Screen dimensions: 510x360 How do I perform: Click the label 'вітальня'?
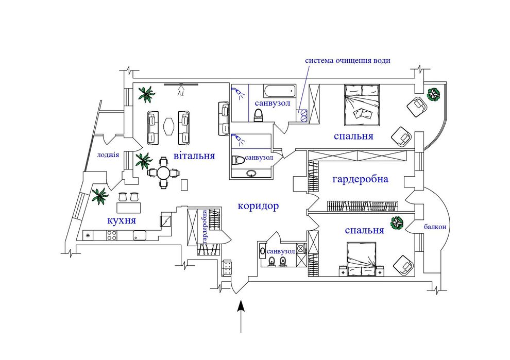coord(194,156)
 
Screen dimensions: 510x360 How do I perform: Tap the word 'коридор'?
coord(258,206)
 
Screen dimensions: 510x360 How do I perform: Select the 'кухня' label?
coord(122,220)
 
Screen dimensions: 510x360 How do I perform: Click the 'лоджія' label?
coord(108,155)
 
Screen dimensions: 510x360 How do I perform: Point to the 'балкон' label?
coord(435,227)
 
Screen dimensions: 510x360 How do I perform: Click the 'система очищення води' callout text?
coord(347,60)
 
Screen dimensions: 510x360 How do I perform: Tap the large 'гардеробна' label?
coord(360,179)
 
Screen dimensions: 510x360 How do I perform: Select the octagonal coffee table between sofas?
coord(169,126)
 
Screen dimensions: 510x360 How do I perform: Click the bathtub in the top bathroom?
coord(280,91)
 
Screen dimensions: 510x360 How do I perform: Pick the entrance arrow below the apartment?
coord(241,316)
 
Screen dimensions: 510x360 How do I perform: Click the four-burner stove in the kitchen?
coord(112,235)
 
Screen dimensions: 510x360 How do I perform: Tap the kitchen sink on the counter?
coord(140,235)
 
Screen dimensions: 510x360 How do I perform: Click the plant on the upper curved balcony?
coord(434,95)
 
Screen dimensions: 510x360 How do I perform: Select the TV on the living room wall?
coord(181,85)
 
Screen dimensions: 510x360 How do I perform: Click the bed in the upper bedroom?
coord(362,105)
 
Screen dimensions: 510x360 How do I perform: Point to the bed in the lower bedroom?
coord(362,259)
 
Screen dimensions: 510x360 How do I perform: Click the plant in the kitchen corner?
coord(99,196)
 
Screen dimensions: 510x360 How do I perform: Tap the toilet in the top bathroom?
coord(258,115)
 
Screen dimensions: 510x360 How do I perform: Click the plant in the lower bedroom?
coord(397,224)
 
